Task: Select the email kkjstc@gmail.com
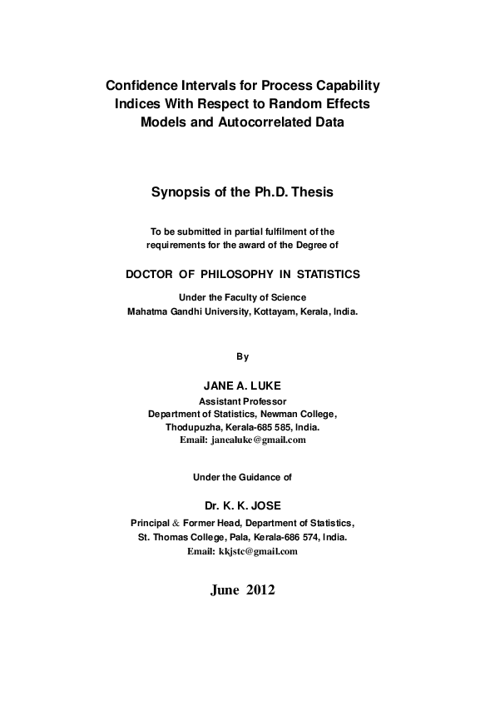[257, 551]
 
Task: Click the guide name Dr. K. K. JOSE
[242, 505]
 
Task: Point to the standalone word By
[242, 356]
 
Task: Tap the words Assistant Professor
[242, 400]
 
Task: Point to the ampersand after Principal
[175, 523]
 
